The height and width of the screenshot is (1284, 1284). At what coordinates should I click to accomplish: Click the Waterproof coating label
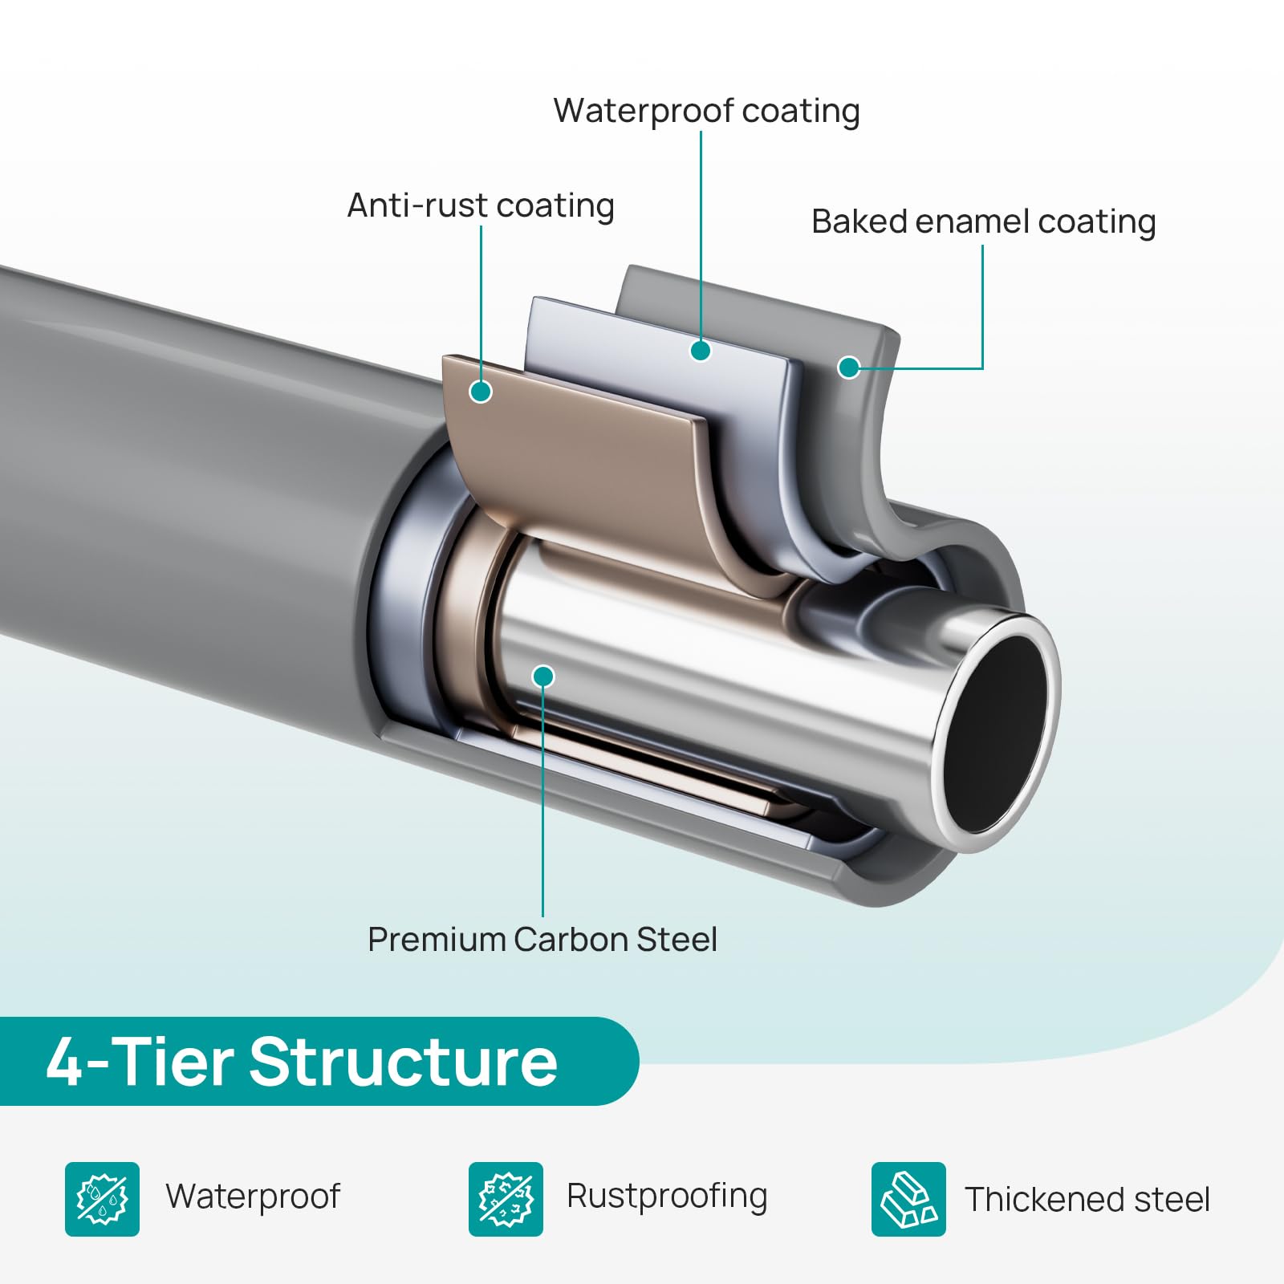pos(706,112)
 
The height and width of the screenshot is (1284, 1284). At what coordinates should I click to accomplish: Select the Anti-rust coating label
pos(481,206)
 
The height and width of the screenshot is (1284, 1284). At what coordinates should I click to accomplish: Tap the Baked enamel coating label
pos(983,222)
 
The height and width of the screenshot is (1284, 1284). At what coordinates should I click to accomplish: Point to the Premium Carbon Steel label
pos(542,939)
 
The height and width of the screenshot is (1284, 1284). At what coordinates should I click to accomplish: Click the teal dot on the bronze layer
pos(481,392)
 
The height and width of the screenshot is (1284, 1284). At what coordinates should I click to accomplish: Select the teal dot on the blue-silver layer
pos(701,351)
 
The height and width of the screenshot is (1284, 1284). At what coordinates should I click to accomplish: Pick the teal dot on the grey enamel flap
pos(848,368)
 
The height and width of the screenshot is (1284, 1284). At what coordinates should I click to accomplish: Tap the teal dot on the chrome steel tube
pos(543,677)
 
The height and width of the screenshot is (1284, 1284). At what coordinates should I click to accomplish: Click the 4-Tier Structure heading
pos(302,1062)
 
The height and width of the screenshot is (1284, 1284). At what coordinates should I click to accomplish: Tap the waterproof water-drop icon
pos(102,1199)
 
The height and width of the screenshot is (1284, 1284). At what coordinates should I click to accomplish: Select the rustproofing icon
pos(506,1199)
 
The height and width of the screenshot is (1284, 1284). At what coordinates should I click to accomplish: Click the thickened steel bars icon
pos(908,1199)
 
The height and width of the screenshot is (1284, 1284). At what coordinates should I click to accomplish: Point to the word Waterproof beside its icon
pos(253,1197)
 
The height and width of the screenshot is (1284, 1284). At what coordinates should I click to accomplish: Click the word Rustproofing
pos(667,1197)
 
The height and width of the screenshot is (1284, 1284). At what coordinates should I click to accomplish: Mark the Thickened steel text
pos(1087,1200)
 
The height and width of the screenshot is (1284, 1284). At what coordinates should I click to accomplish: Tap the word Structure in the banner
pos(404,1062)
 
